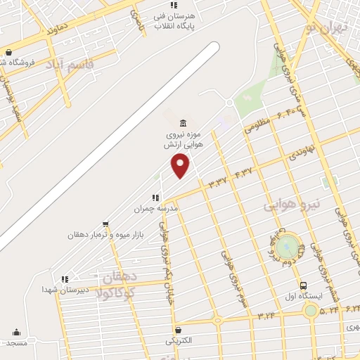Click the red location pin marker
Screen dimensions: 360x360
point(181,165)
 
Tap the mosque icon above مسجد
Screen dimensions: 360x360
point(16,333)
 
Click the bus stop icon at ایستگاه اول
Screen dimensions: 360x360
point(303,286)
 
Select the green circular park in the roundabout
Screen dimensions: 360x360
point(286,247)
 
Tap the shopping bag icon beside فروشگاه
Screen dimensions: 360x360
point(8,52)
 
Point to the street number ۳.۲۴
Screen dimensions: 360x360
point(266,316)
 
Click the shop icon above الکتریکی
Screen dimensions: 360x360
point(177,330)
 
